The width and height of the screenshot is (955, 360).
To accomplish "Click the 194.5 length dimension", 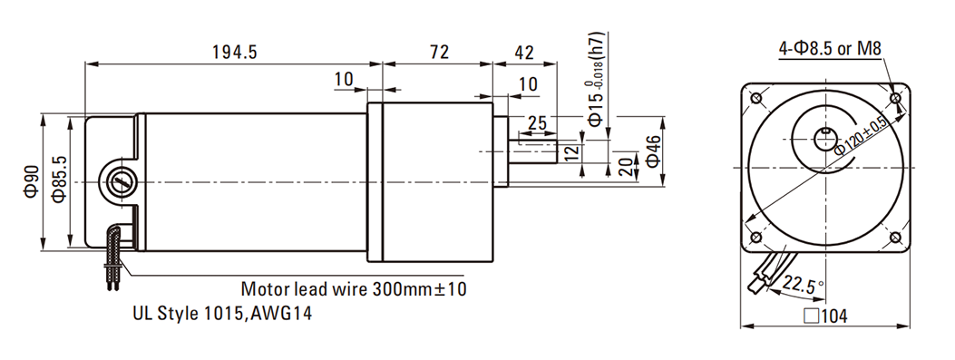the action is [235, 53].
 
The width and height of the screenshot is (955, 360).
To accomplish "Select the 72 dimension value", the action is [439, 53].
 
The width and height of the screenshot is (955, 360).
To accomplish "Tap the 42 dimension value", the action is [524, 53].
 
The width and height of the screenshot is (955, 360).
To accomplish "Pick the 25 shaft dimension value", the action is [537, 123].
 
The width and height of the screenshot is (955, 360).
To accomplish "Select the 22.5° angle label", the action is [804, 285].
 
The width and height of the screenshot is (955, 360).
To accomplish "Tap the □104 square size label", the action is [825, 316].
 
